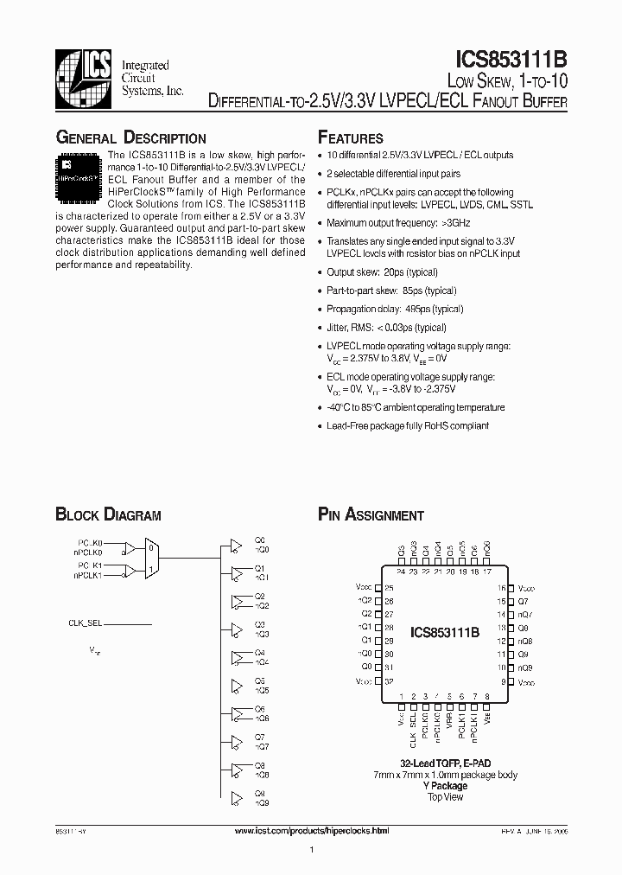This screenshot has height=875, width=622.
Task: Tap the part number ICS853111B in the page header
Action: (x=511, y=60)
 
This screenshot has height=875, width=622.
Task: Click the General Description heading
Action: (x=130, y=138)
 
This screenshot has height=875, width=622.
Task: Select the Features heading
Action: (x=351, y=138)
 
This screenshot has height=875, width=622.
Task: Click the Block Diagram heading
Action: (x=108, y=515)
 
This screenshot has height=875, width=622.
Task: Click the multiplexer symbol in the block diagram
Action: (x=150, y=558)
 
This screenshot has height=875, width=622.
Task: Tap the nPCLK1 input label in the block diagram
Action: (x=88, y=574)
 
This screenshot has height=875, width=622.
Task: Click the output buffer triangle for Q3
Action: (x=236, y=629)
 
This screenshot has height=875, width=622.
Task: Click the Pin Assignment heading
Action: (x=371, y=515)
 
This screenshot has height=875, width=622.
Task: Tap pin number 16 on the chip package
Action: (x=500, y=588)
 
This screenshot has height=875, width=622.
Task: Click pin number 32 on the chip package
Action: (x=389, y=681)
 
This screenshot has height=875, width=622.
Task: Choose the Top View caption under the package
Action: (x=445, y=796)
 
